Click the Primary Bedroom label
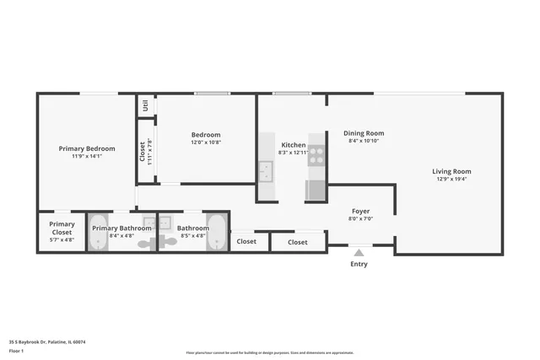click(x=86, y=148)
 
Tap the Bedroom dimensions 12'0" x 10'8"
click(x=205, y=142)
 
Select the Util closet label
click(x=145, y=105)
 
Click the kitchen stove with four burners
click(x=316, y=154)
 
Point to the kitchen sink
click(x=267, y=172)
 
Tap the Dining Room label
click(x=364, y=132)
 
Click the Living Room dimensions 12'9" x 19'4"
click(x=451, y=179)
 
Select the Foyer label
click(x=360, y=211)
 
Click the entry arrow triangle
click(x=359, y=250)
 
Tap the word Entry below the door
click(x=359, y=264)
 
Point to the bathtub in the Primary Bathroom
click(x=100, y=233)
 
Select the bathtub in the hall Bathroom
click(x=217, y=233)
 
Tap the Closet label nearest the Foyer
click(x=298, y=242)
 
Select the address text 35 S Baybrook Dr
click(x=47, y=342)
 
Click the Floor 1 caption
click(x=17, y=351)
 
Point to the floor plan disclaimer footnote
click(x=269, y=352)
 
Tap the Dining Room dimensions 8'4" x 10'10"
click(x=364, y=141)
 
